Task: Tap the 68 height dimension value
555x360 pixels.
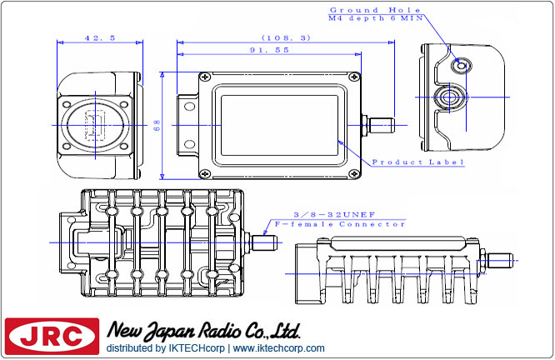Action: pos(156,126)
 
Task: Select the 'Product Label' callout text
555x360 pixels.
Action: pos(417,162)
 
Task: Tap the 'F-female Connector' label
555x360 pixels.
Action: pos(344,225)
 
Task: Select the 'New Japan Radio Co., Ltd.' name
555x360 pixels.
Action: pos(203,331)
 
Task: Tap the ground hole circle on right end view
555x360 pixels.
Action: pos(459,64)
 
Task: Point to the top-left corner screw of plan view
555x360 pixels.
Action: pos(203,77)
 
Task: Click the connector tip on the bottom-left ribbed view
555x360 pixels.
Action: pos(267,242)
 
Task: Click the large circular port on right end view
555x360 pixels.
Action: pos(451,97)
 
